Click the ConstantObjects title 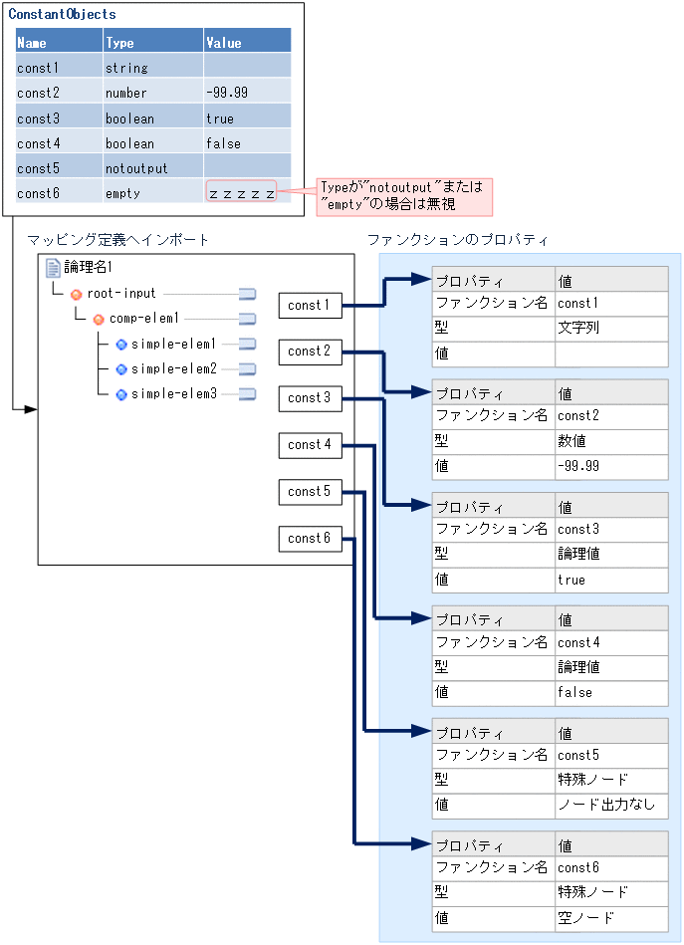coord(62,15)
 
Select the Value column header coord(224,43)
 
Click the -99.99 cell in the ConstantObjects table coord(226,93)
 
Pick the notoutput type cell coord(136,168)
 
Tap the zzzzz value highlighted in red coord(241,192)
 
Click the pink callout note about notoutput coord(404,196)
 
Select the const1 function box coord(310,305)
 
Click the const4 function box coord(310,444)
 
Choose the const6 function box coord(310,538)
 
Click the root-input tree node coord(120,294)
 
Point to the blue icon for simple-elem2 coord(121,369)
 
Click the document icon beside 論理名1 coord(54,267)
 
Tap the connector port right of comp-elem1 coord(247,319)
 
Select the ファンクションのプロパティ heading coord(457,240)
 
